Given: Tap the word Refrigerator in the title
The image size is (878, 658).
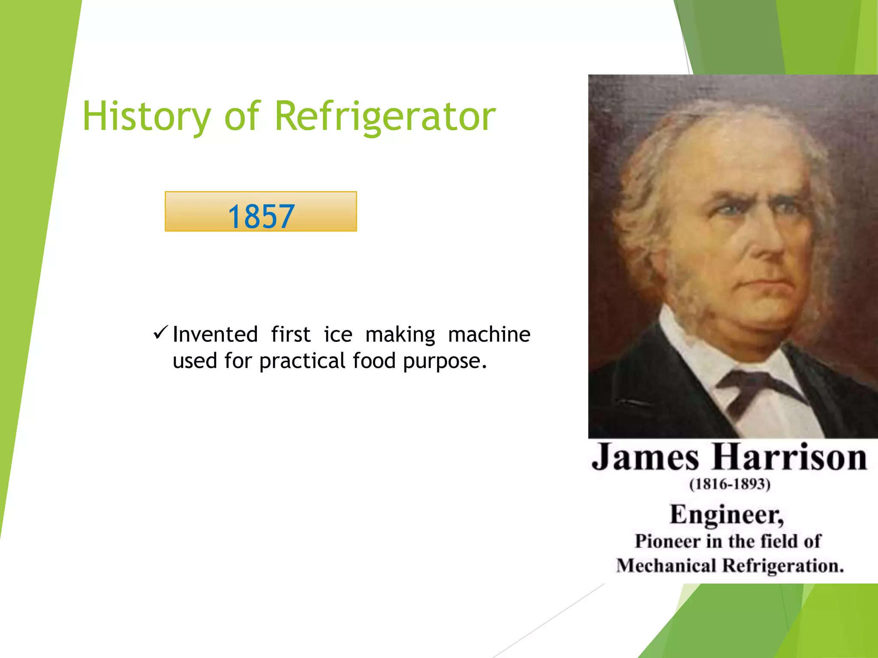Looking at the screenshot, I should [x=385, y=117].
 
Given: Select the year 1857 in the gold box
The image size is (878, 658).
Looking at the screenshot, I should [x=261, y=216].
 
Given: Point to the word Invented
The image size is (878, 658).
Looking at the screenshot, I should [x=215, y=335].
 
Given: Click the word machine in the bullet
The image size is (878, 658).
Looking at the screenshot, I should [x=489, y=335].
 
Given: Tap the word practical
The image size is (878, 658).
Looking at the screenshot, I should [x=302, y=361].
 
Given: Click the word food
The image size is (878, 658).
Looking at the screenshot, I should [x=374, y=360].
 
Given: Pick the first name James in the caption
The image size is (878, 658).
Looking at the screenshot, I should [x=645, y=458].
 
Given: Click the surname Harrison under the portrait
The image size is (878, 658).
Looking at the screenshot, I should [x=790, y=457].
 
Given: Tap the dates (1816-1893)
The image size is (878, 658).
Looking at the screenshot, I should [x=730, y=485].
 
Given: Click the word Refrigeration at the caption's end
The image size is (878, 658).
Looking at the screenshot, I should [x=782, y=566].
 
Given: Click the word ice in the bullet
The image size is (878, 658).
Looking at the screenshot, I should [x=338, y=335].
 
